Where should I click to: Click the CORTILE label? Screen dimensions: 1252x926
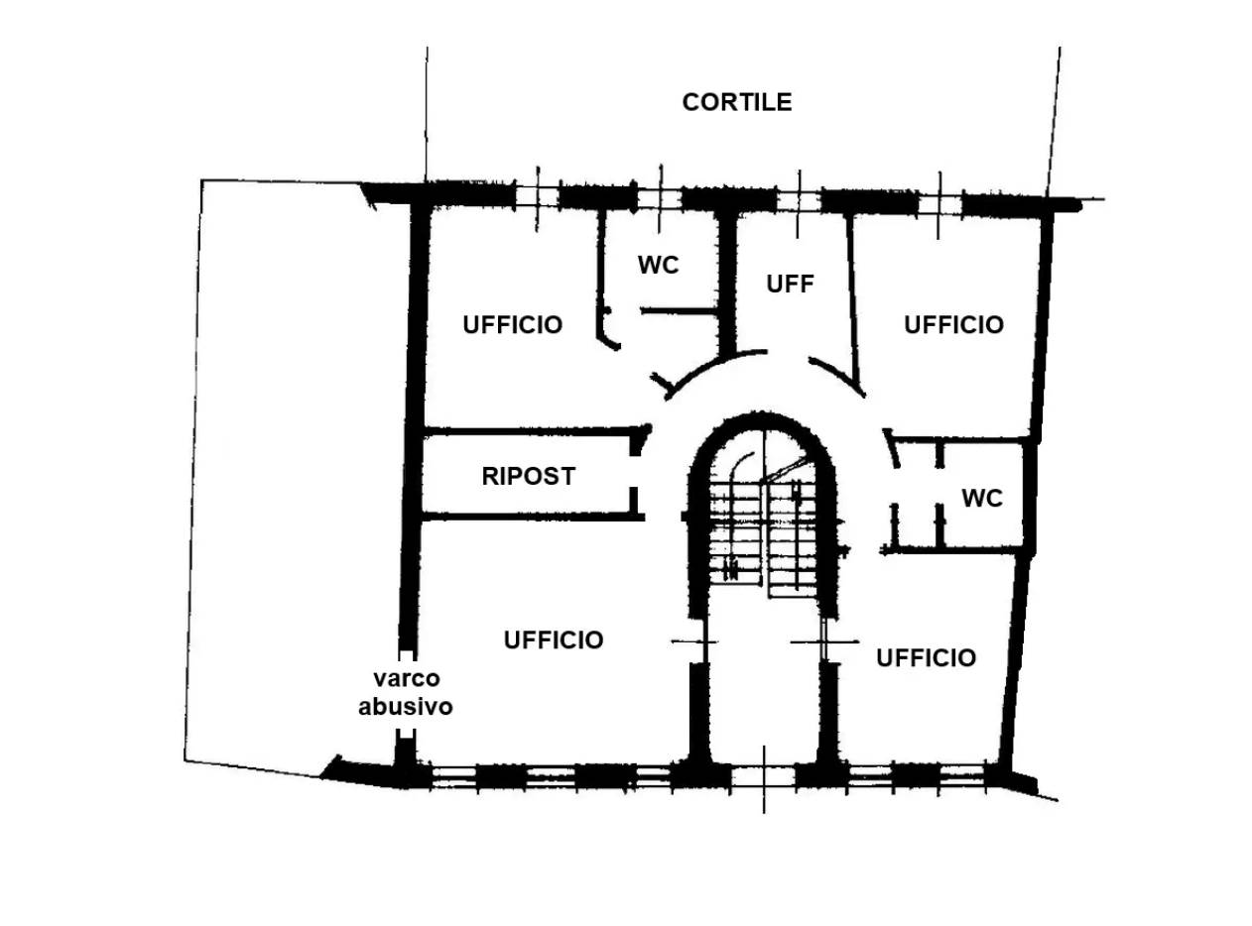click(737, 102)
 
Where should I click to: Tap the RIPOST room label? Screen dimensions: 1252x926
click(529, 476)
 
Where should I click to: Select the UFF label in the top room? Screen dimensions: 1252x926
click(790, 284)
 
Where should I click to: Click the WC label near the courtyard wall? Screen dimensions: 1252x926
click(658, 265)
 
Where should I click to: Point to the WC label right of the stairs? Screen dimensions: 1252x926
click(982, 499)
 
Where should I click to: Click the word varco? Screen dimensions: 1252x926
click(407, 678)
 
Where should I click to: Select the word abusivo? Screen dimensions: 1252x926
click(406, 707)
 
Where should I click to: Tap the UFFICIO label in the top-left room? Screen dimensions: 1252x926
click(513, 324)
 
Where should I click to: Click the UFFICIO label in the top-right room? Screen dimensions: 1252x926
click(954, 324)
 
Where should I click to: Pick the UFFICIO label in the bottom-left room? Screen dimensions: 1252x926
click(554, 639)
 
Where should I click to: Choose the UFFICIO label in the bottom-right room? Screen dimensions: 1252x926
click(926, 658)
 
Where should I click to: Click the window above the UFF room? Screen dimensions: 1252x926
click(799, 201)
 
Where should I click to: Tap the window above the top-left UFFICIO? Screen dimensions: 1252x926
click(537, 197)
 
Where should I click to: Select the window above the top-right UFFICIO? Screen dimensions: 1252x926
click(939, 204)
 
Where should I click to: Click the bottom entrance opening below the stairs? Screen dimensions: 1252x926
click(763, 778)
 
